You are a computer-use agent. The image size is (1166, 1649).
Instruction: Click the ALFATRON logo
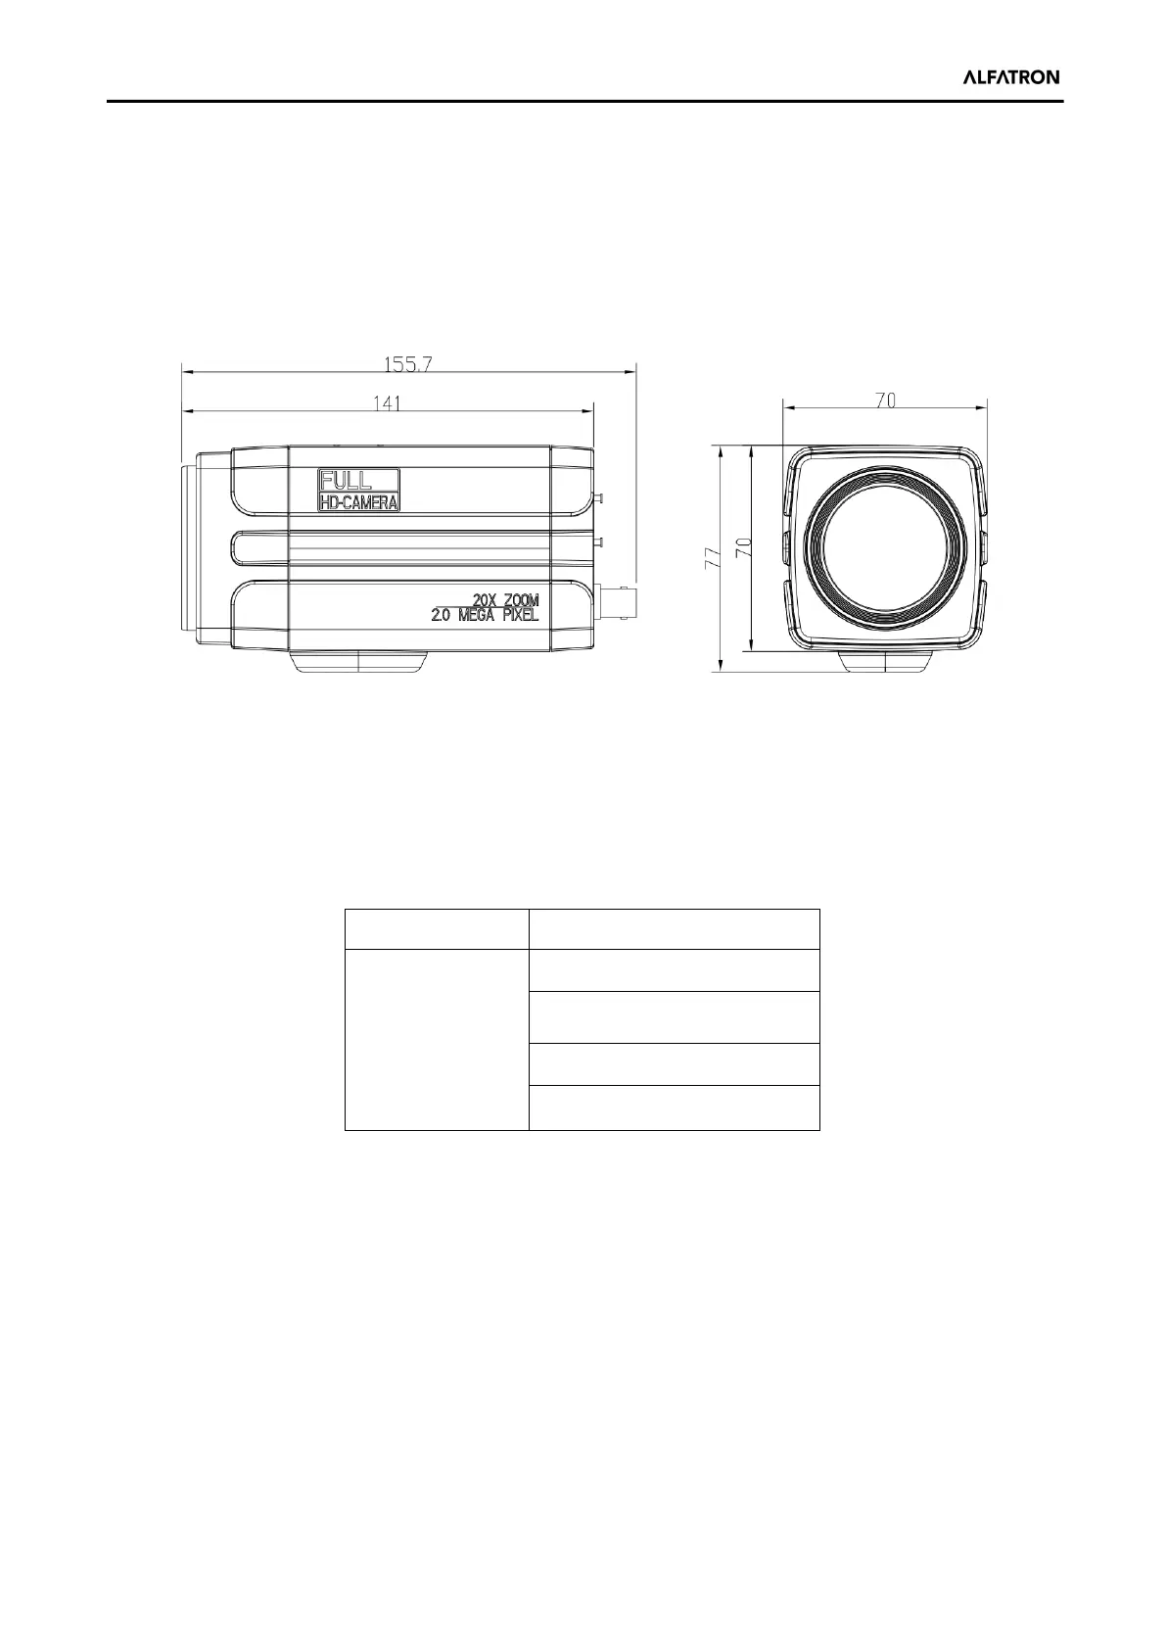click(x=1011, y=77)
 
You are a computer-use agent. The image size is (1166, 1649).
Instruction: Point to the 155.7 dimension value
click(x=408, y=364)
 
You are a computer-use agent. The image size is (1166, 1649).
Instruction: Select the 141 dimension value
click(x=387, y=403)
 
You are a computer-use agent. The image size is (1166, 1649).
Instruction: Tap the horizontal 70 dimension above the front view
click(x=886, y=400)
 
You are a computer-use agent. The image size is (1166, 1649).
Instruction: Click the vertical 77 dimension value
click(x=712, y=556)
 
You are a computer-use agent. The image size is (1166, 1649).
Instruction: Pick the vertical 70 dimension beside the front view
click(x=743, y=545)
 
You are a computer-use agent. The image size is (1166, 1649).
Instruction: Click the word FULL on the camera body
click(x=346, y=481)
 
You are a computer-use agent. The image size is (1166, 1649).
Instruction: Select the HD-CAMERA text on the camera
click(x=358, y=503)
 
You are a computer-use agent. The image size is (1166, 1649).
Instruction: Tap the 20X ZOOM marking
click(x=505, y=600)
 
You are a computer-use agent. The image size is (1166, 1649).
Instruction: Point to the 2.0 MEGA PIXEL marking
click(x=485, y=615)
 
